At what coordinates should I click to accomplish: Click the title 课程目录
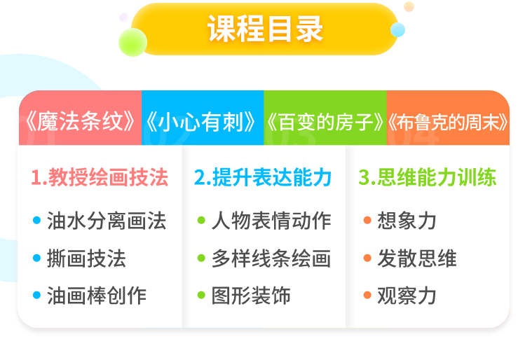point(265,29)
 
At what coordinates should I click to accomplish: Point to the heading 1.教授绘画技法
point(100,177)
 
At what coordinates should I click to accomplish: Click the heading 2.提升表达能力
point(263,177)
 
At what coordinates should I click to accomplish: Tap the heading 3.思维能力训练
point(428,177)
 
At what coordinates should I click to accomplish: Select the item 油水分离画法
point(107,221)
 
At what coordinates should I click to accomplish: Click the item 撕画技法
point(86,258)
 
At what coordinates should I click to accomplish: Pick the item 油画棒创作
point(97,296)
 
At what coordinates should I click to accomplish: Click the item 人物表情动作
point(271,221)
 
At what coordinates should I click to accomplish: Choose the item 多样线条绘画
point(271,258)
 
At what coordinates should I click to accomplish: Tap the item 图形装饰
point(251,296)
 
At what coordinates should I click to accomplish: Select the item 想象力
point(407,221)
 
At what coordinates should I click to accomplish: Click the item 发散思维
point(417,258)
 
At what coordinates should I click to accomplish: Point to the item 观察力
point(407,296)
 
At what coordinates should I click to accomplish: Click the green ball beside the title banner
point(133,42)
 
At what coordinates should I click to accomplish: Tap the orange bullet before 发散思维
point(367,258)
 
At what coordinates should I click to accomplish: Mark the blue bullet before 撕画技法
point(36,258)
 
